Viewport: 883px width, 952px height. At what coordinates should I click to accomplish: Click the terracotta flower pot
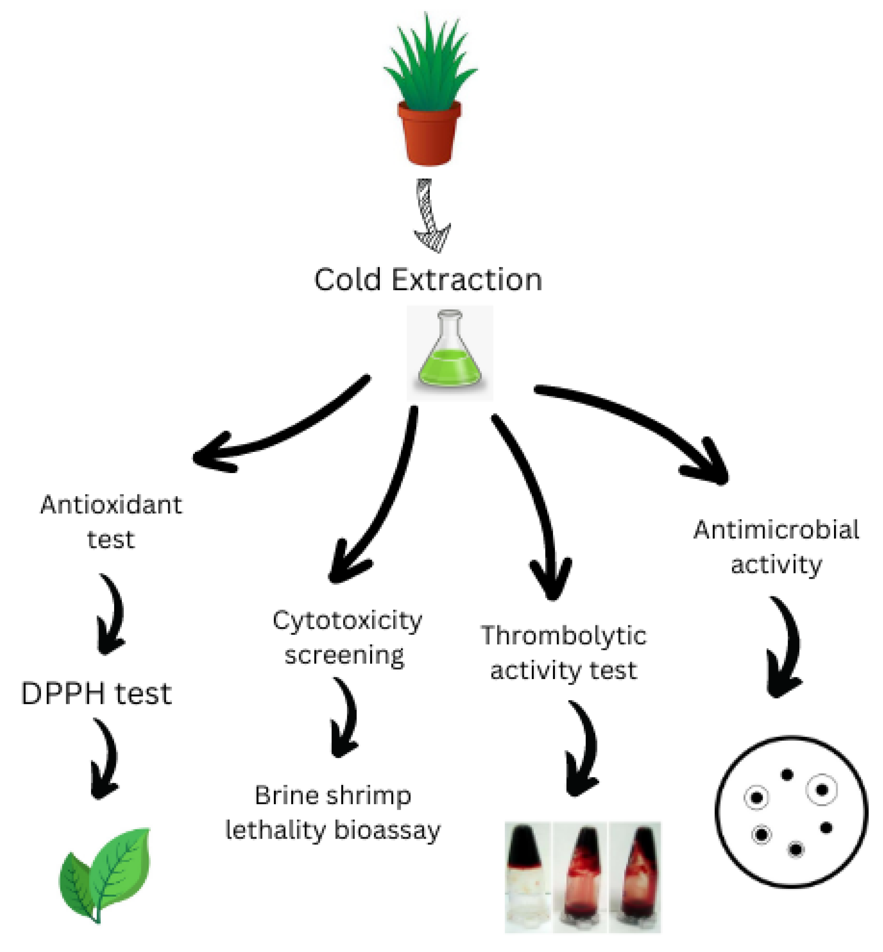[x=429, y=133]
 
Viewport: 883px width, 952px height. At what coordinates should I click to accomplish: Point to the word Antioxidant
[x=111, y=505]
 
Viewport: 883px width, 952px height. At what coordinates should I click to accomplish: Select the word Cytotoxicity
[x=347, y=621]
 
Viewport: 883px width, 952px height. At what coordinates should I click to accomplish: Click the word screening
[x=345, y=655]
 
